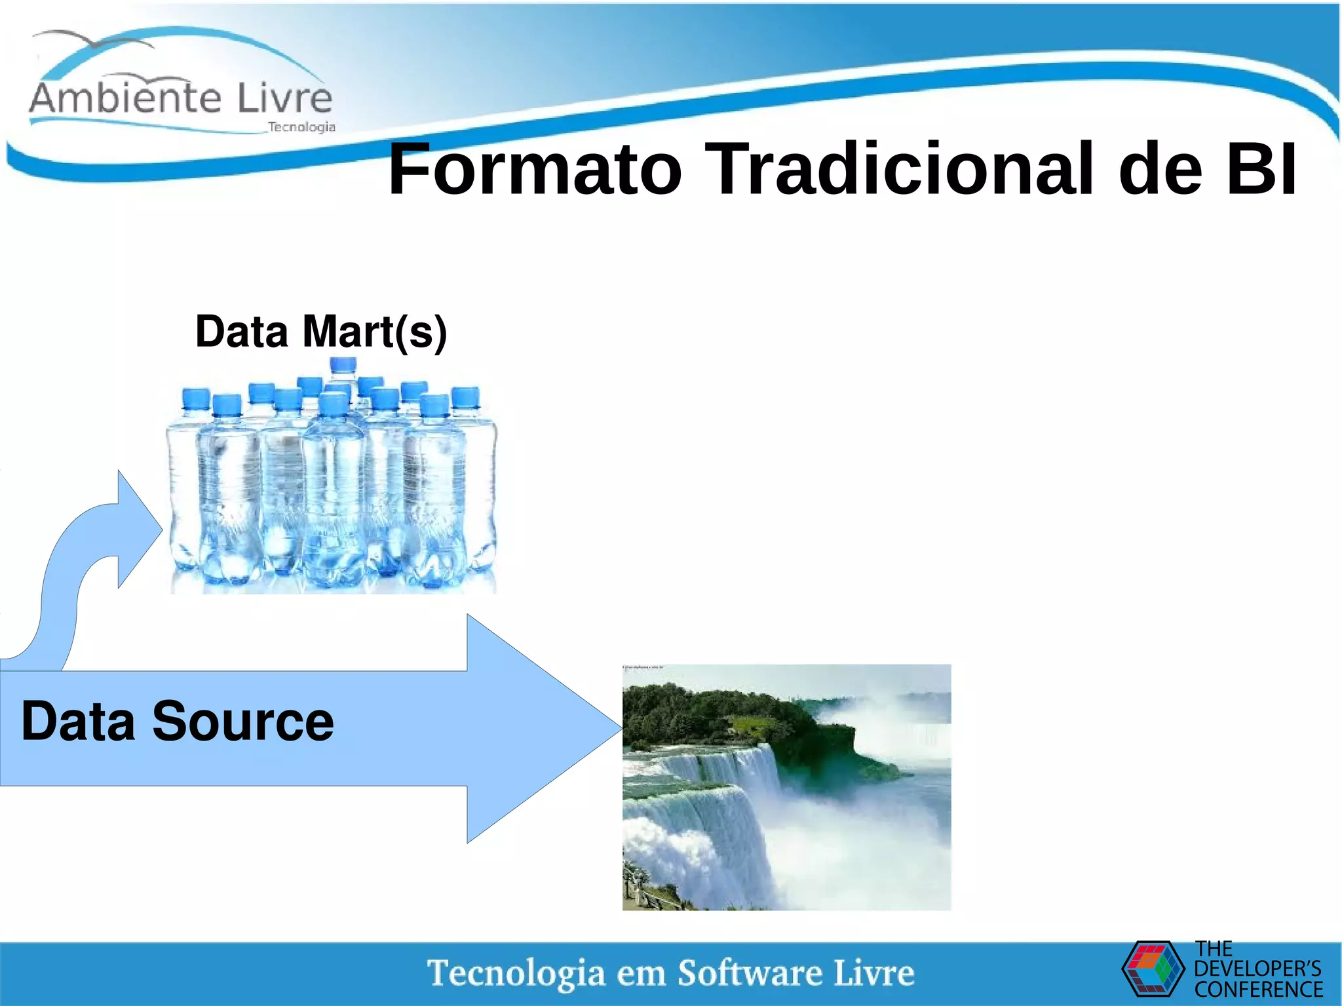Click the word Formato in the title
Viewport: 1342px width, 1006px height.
click(x=534, y=170)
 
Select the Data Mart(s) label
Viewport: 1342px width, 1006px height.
click(x=321, y=332)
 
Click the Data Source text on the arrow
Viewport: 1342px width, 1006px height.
click(x=178, y=722)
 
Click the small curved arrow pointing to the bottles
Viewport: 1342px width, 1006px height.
click(x=98, y=557)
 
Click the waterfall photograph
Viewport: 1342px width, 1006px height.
click(x=786, y=786)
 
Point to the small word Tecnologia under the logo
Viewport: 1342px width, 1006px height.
click(x=301, y=127)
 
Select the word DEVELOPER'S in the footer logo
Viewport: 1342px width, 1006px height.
click(x=1257, y=969)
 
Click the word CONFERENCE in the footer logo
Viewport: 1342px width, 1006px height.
click(x=1259, y=989)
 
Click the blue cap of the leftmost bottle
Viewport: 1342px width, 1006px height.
click(x=195, y=398)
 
